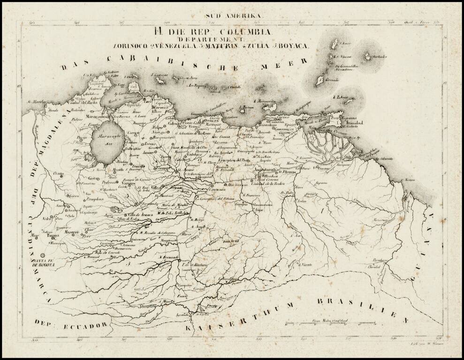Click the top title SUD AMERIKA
tap(232, 16)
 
